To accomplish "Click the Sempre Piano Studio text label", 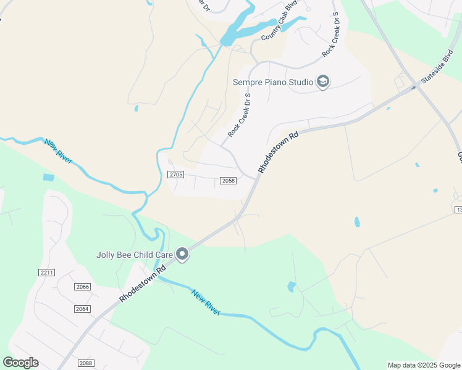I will (272, 82).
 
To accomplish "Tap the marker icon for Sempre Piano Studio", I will (322, 81).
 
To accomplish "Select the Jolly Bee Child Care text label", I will (134, 254).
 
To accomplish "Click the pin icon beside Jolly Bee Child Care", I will (182, 254).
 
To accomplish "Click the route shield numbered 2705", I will (176, 175).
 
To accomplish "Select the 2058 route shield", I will (228, 181).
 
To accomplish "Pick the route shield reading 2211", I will (47, 273).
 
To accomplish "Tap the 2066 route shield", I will (83, 287).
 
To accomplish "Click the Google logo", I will (20, 363).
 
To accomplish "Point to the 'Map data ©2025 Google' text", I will (424, 365).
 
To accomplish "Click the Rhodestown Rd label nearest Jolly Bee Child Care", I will (143, 284).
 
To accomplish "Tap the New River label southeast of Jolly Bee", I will (205, 302).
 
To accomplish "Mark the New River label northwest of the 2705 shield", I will (58, 151).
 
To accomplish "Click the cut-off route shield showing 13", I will (458, 210).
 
